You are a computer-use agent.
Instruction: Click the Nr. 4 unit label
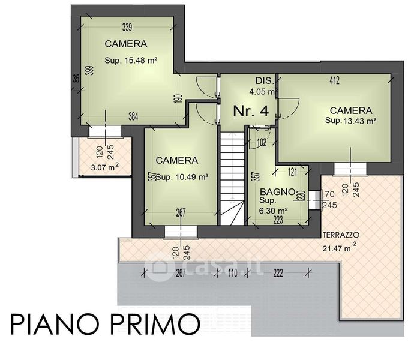click(251, 111)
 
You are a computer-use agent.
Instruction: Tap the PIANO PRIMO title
click(106, 325)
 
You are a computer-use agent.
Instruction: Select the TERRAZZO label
click(341, 235)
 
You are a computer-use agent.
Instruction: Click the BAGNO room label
click(277, 192)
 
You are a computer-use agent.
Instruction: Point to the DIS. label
click(265, 80)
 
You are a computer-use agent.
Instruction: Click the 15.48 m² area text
click(141, 61)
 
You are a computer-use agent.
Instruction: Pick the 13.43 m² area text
click(360, 121)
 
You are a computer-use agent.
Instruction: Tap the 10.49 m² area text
click(191, 178)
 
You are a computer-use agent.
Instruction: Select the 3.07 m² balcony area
click(105, 167)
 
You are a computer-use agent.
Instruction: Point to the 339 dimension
click(127, 27)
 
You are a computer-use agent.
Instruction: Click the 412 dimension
click(334, 80)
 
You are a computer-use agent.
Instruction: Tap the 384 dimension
click(133, 116)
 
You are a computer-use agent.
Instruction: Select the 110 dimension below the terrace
click(232, 273)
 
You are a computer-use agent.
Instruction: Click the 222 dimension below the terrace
click(278, 273)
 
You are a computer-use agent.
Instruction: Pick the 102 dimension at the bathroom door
click(262, 143)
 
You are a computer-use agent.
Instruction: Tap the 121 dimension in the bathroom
click(292, 172)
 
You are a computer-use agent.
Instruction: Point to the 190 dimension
click(179, 99)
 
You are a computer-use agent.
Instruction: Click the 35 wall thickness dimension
click(76, 79)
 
